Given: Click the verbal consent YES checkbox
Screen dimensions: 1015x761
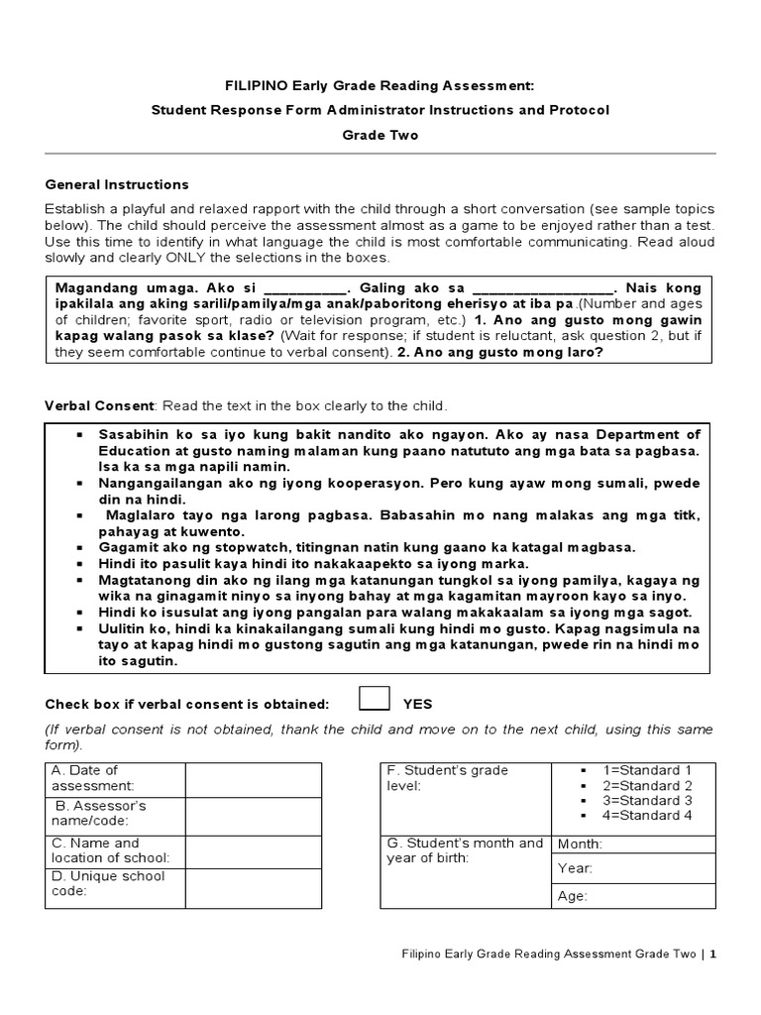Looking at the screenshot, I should pyautogui.click(x=375, y=699).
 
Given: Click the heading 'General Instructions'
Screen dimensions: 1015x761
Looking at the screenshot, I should pyautogui.click(x=117, y=184).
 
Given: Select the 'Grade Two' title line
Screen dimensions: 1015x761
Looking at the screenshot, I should pyautogui.click(x=380, y=136).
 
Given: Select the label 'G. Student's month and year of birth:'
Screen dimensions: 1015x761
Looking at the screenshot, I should pyautogui.click(x=465, y=850).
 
